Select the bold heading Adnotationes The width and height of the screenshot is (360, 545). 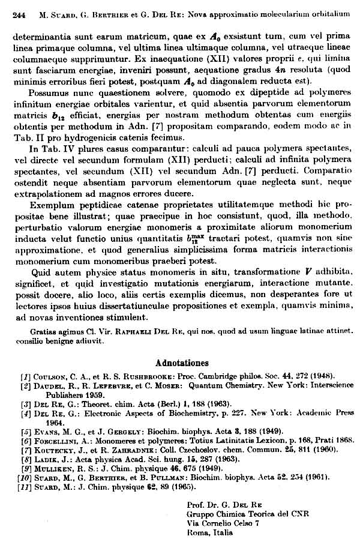[182, 363]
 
